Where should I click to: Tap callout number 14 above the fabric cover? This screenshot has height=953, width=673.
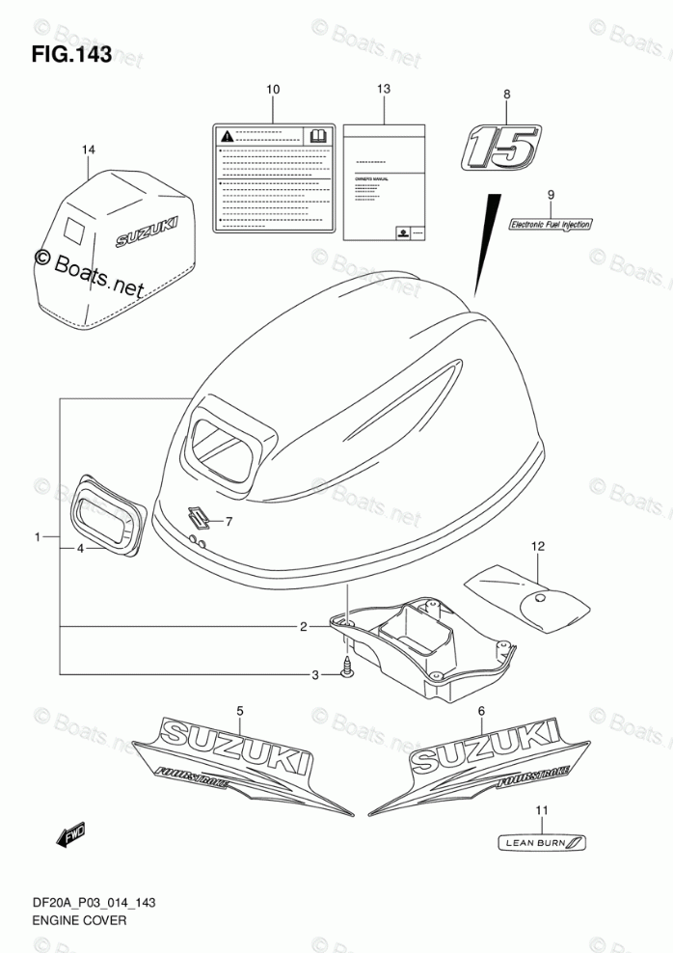[x=89, y=150]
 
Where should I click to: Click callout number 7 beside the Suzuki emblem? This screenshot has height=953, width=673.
[x=229, y=522]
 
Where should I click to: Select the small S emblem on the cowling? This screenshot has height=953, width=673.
[x=199, y=513]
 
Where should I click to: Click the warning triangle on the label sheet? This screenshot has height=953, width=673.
[x=226, y=135]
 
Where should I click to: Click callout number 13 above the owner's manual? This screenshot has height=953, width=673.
[x=384, y=89]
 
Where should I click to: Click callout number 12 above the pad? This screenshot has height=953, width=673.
[x=537, y=547]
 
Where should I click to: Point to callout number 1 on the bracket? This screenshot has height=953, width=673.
[x=39, y=536]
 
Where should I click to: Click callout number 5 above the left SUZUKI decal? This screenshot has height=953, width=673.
[x=240, y=711]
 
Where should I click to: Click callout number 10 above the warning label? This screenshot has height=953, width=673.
[x=273, y=90]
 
